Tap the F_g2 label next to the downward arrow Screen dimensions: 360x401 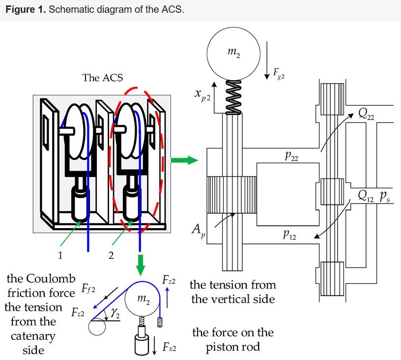pyautogui.click(x=279, y=74)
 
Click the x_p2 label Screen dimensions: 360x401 pyautogui.click(x=202, y=95)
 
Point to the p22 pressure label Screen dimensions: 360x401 pyautogui.click(x=291, y=156)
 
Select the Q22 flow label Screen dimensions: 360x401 pyautogui.click(x=367, y=115)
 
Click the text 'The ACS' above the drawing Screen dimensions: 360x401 pyautogui.click(x=103, y=78)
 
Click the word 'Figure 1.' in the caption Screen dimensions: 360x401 pyautogui.click(x=23, y=10)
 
